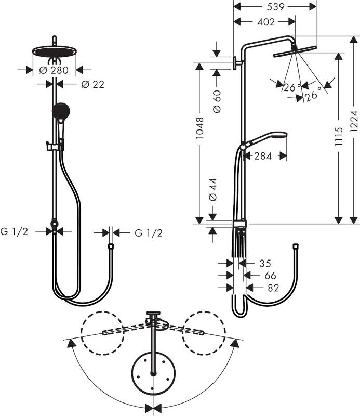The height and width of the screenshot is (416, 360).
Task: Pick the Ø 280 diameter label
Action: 54,70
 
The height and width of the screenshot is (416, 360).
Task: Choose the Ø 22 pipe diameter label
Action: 92,84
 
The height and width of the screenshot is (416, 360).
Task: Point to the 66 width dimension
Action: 268,275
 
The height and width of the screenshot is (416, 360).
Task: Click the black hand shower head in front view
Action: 60,111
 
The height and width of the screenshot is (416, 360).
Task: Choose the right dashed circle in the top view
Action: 204,333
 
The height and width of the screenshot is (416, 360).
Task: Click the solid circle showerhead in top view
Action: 153,373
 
